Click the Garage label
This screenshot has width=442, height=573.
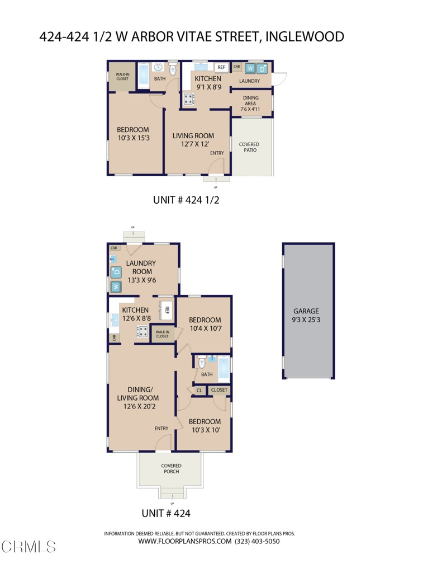306,315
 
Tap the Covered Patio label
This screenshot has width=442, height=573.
249,147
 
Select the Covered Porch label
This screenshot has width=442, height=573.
171,468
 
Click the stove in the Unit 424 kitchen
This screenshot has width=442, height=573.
143,332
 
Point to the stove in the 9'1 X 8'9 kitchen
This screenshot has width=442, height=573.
189,100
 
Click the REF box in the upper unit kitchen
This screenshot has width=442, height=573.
221,67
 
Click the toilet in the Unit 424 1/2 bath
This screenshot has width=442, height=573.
173,69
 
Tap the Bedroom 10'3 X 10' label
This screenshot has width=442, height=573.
204,426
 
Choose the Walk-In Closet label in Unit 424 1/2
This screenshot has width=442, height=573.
122,77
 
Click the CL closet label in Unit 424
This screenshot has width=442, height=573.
198,390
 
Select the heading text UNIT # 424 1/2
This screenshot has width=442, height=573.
186,199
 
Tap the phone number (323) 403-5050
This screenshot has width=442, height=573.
258,541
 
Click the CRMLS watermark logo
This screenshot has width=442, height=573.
28,545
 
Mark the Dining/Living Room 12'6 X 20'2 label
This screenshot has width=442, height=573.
137,398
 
